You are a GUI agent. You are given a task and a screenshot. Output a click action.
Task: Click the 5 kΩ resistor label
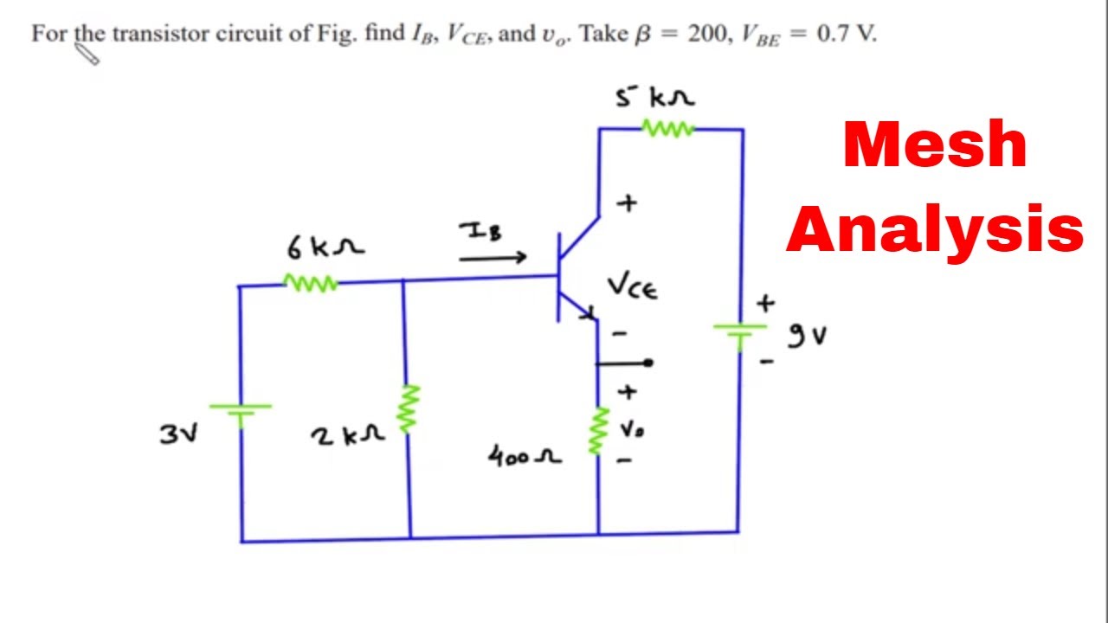tap(654, 97)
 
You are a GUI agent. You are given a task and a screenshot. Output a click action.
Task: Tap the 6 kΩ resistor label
tap(325, 247)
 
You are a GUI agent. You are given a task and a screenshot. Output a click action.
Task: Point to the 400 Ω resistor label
tap(525, 455)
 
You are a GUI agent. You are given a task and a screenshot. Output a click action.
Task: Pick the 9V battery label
tap(807, 335)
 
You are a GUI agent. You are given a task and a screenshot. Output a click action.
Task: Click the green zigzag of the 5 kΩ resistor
tap(667, 129)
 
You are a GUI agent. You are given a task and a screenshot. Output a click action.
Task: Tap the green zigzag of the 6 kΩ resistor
tap(311, 282)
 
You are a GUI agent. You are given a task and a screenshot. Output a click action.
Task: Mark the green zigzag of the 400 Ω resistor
tap(597, 431)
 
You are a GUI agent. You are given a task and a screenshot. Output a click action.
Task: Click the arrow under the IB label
tap(493, 257)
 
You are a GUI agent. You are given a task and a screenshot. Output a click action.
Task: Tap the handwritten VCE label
tap(632, 286)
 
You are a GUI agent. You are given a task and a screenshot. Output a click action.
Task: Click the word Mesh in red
tap(935, 145)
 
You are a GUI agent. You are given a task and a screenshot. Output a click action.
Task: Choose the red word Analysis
tap(935, 229)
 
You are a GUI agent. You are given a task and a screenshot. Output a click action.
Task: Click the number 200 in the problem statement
tap(708, 35)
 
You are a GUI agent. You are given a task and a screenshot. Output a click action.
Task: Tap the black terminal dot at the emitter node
tap(647, 363)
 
